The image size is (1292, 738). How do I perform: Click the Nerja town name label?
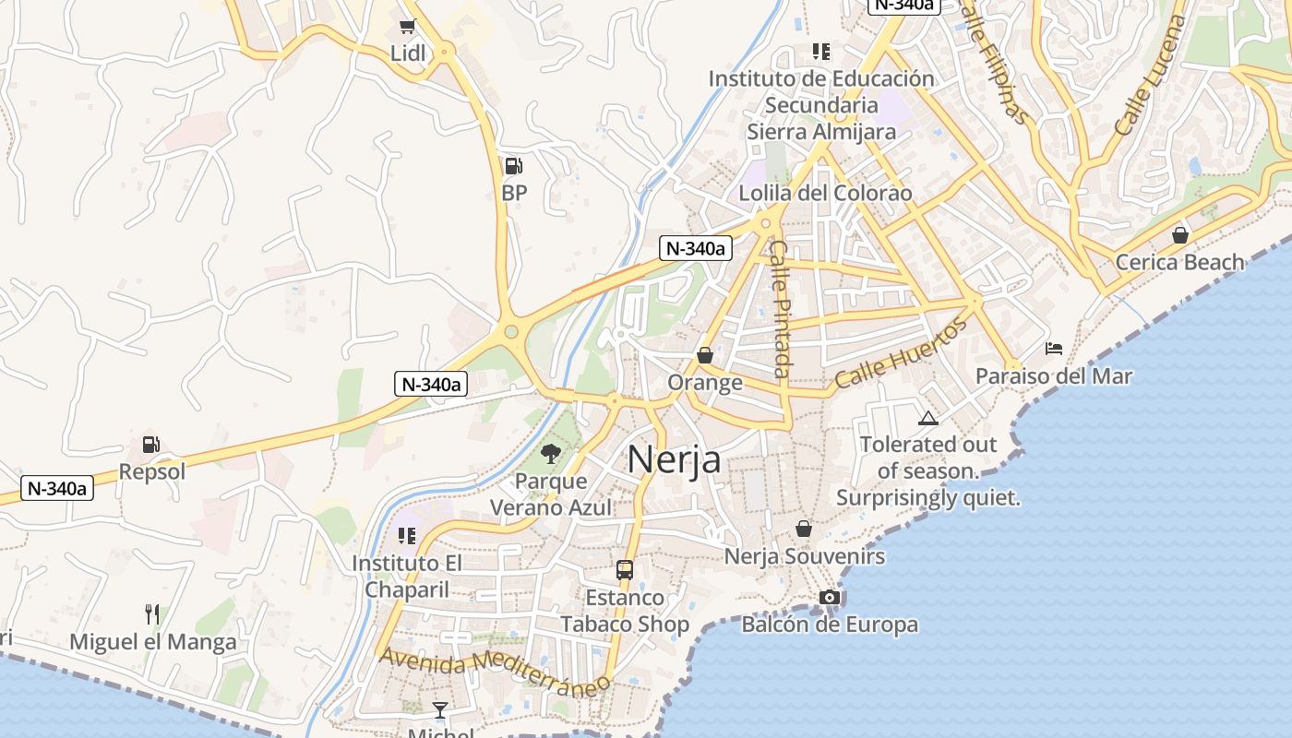pos(674,459)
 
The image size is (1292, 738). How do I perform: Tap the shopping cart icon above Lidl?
pos(407,27)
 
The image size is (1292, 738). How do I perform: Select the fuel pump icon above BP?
pos(513,166)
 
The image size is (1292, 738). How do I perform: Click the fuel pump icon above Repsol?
pos(151,445)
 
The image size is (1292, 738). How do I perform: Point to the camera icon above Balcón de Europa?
pos(830,597)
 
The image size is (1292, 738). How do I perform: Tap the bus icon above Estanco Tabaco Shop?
pos(625,569)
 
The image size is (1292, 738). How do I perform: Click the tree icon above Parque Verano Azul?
pos(551,453)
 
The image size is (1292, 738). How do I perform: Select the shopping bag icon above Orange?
pos(705,355)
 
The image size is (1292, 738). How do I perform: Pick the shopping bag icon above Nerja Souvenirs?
pos(804,529)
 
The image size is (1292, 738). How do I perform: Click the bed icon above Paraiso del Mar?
pos(1054,349)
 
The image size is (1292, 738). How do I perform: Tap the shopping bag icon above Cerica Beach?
pos(1179,235)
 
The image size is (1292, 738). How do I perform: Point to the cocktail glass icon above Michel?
pos(440,709)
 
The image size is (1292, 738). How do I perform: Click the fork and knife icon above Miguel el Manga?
pos(152,613)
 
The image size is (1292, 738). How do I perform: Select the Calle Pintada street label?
pos(781,309)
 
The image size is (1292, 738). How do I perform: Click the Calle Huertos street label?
pos(901,353)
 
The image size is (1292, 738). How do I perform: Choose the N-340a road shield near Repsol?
pos(57,488)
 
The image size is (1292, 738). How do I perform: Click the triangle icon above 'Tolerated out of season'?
pos(928,418)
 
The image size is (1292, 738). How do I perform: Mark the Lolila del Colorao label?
pos(825,193)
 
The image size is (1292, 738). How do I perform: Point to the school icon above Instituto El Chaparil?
pos(406,535)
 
